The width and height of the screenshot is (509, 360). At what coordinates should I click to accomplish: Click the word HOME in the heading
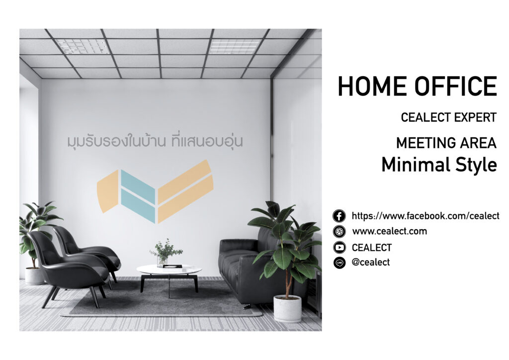(373, 86)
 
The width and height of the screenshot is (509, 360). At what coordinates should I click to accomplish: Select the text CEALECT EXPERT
(449, 117)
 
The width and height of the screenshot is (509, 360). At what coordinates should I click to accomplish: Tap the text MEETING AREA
(446, 143)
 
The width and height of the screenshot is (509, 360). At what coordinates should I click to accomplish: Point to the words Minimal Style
(439, 165)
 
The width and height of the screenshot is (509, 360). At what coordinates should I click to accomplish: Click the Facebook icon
(339, 216)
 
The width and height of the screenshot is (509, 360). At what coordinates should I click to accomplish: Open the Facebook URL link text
(425, 216)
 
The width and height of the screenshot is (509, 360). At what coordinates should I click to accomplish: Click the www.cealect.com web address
(390, 231)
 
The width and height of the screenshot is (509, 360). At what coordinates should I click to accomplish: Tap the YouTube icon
(339, 248)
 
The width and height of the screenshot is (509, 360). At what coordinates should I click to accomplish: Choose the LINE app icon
(339, 263)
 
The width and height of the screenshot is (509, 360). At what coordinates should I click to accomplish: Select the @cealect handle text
(371, 262)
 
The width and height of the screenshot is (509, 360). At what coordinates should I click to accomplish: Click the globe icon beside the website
(339, 231)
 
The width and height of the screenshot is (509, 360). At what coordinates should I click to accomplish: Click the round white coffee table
(169, 270)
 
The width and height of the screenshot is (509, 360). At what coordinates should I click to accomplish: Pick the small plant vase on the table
(163, 262)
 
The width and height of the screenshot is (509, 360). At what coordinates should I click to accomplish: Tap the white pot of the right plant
(287, 309)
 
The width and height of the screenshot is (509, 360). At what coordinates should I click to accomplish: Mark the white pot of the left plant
(35, 276)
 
